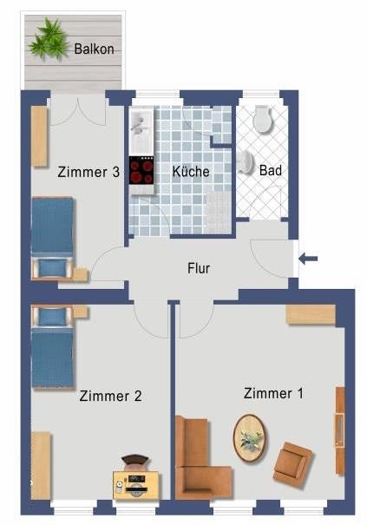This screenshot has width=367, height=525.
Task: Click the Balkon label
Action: (x=94, y=49)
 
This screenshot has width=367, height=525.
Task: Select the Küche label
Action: (x=191, y=172)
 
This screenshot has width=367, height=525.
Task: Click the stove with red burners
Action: (x=141, y=170)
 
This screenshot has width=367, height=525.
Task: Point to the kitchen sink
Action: (x=141, y=131)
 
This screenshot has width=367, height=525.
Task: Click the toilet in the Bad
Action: (x=263, y=120)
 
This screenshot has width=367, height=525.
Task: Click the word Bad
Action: (x=270, y=170)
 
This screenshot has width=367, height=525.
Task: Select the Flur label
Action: (x=199, y=268)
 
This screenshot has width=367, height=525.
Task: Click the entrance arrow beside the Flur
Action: (x=308, y=259)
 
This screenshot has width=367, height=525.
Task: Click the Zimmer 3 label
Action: (x=88, y=172)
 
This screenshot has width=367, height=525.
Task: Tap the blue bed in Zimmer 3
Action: (x=53, y=238)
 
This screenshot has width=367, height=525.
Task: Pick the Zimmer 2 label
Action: (x=110, y=396)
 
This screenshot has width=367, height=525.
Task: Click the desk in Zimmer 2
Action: (x=135, y=485)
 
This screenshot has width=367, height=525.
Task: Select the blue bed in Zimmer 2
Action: (x=53, y=346)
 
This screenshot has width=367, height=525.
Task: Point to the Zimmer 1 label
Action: (x=273, y=393)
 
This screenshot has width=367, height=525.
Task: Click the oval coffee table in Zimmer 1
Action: (x=250, y=438)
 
